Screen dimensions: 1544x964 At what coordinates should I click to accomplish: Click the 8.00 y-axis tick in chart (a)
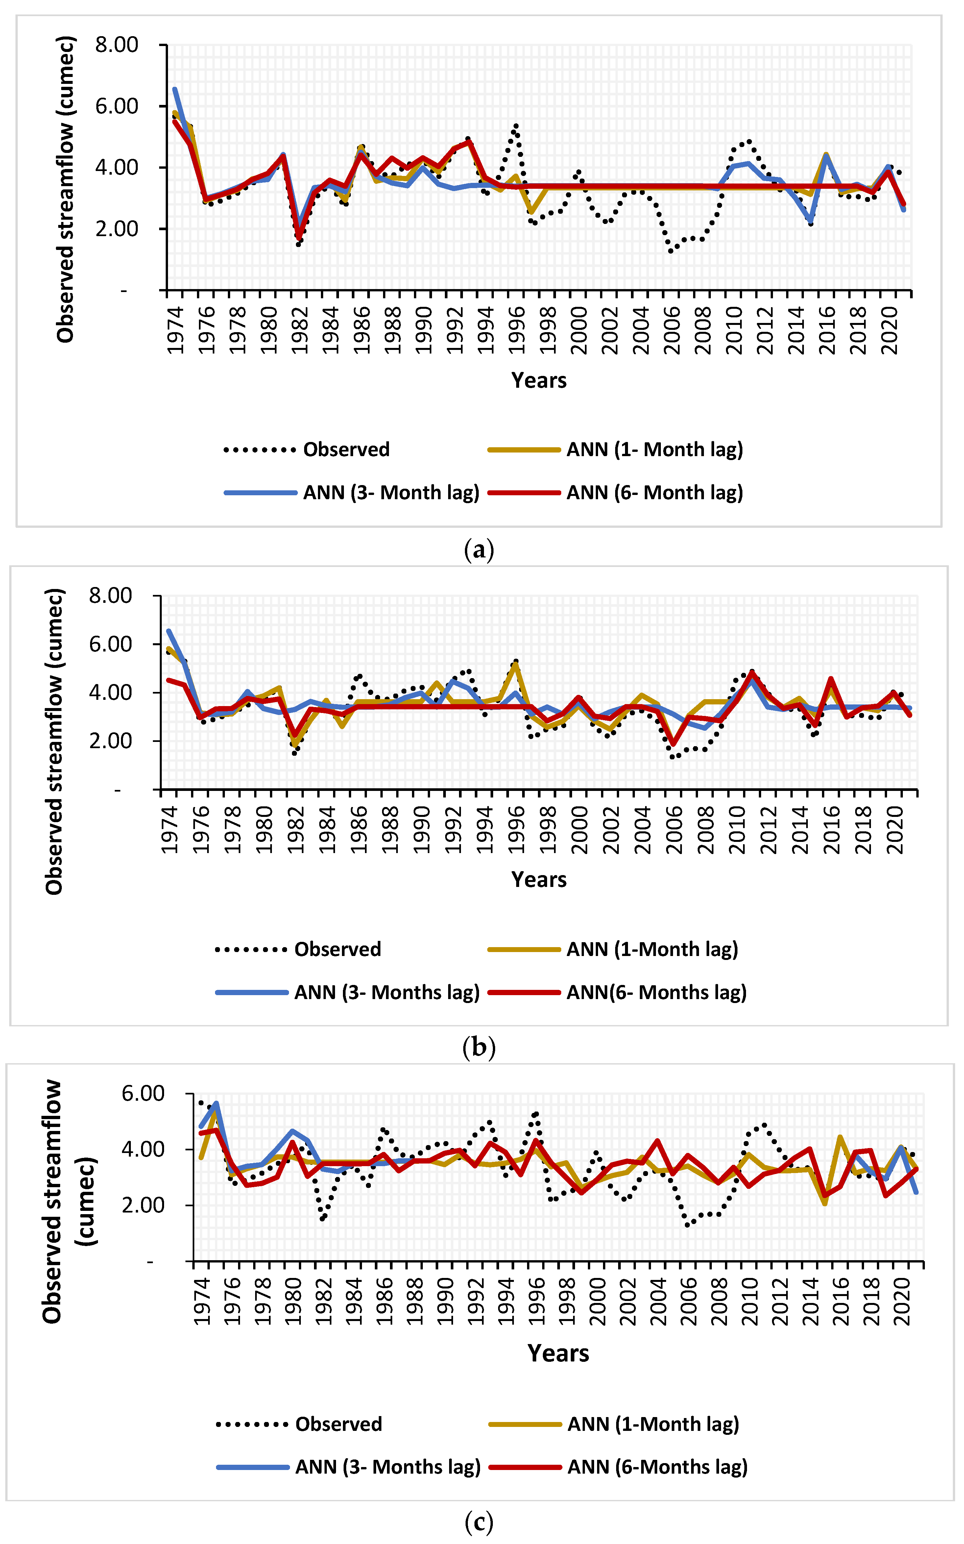point(117,45)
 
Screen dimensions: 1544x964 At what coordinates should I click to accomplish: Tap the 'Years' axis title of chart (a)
point(539,380)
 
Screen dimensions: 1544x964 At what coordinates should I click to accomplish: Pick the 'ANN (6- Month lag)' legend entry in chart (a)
point(654,492)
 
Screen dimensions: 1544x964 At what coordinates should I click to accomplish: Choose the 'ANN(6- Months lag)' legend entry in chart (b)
point(656,993)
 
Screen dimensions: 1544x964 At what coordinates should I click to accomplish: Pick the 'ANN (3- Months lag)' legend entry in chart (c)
point(387,1467)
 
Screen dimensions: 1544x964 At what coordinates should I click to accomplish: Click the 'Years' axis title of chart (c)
point(559,1353)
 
